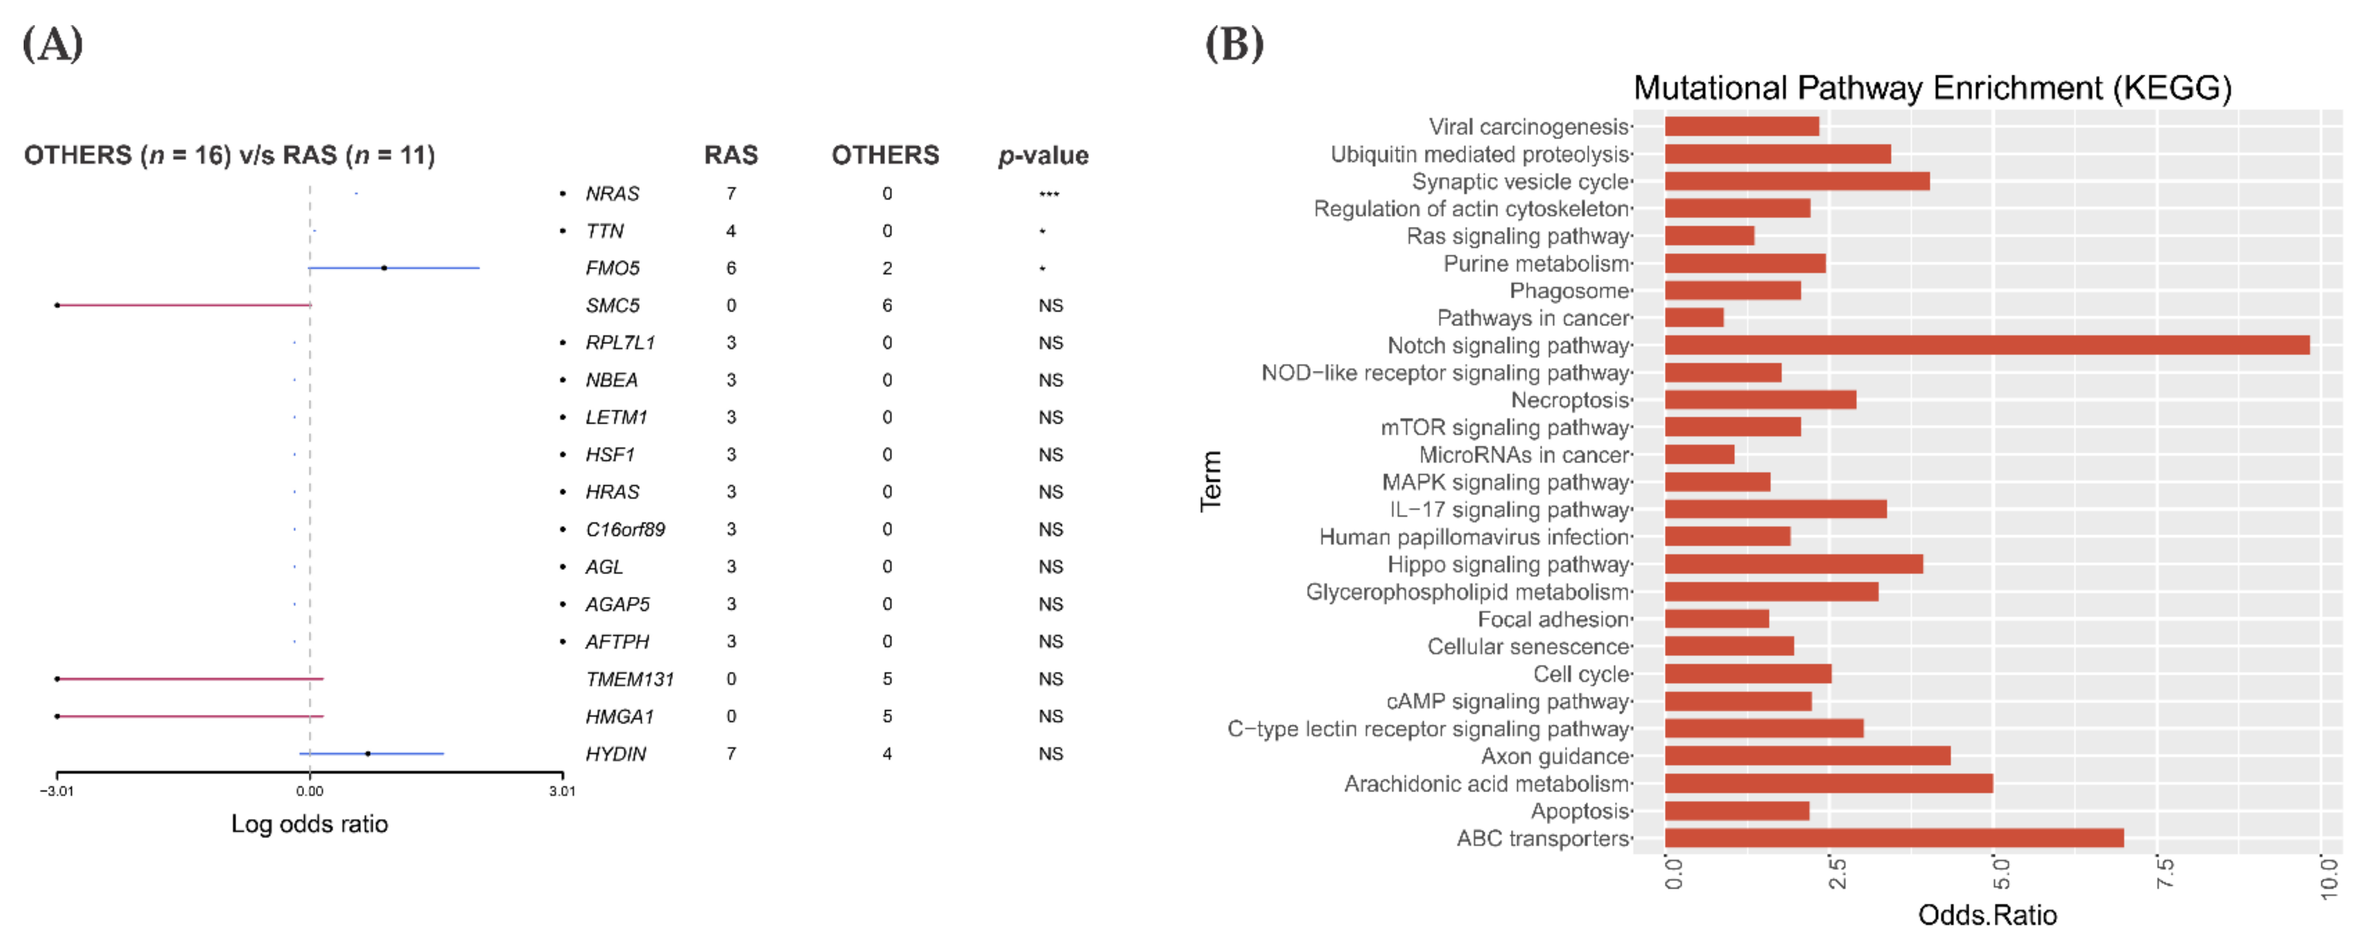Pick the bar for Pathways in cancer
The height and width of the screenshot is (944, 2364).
[x=1694, y=317]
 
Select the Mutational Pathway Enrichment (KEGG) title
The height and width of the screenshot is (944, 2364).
[x=1932, y=88]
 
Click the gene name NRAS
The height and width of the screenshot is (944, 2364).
[x=612, y=193]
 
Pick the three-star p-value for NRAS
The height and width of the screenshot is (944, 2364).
[x=1049, y=193]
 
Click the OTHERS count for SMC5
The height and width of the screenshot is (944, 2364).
[x=887, y=306]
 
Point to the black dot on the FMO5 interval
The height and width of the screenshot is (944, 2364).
[x=383, y=268]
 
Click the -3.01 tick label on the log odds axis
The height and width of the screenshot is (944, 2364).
[x=57, y=791]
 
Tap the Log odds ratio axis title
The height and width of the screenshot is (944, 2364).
[x=309, y=824]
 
